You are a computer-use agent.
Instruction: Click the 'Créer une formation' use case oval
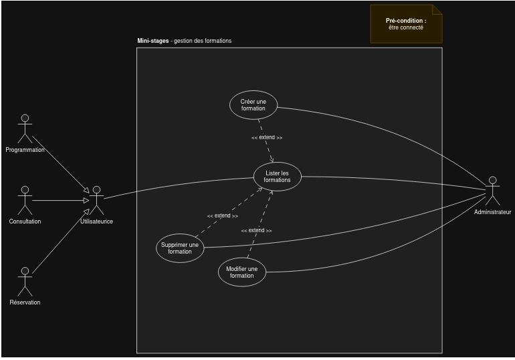coord(253,105)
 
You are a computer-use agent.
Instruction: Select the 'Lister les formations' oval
coord(277,177)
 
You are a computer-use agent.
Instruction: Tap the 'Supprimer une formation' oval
coord(180,248)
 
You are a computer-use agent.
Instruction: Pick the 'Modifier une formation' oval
coord(241,272)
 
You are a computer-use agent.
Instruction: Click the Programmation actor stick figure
coord(25,128)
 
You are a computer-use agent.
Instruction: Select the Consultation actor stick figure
coord(25,200)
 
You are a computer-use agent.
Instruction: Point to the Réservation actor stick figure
coord(25,282)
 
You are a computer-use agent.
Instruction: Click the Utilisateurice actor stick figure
coord(96,200)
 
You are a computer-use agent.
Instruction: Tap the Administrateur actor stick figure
coord(492,191)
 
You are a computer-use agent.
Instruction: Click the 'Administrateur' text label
coord(492,212)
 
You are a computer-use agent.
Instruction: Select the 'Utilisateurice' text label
coord(96,221)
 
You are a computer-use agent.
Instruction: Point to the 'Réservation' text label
coord(25,302)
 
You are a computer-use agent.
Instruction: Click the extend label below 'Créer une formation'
coord(267,137)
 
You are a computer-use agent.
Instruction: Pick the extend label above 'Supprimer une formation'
coord(222,215)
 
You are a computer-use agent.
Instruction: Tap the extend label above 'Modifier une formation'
coord(256,230)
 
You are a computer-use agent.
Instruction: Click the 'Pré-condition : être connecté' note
coord(406,24)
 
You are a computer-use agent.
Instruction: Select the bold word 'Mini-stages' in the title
coord(153,41)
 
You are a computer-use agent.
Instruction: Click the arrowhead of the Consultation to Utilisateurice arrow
coord(86,200)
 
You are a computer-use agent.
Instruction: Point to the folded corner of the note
coord(437,9)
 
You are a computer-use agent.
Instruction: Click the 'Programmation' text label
coord(25,150)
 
